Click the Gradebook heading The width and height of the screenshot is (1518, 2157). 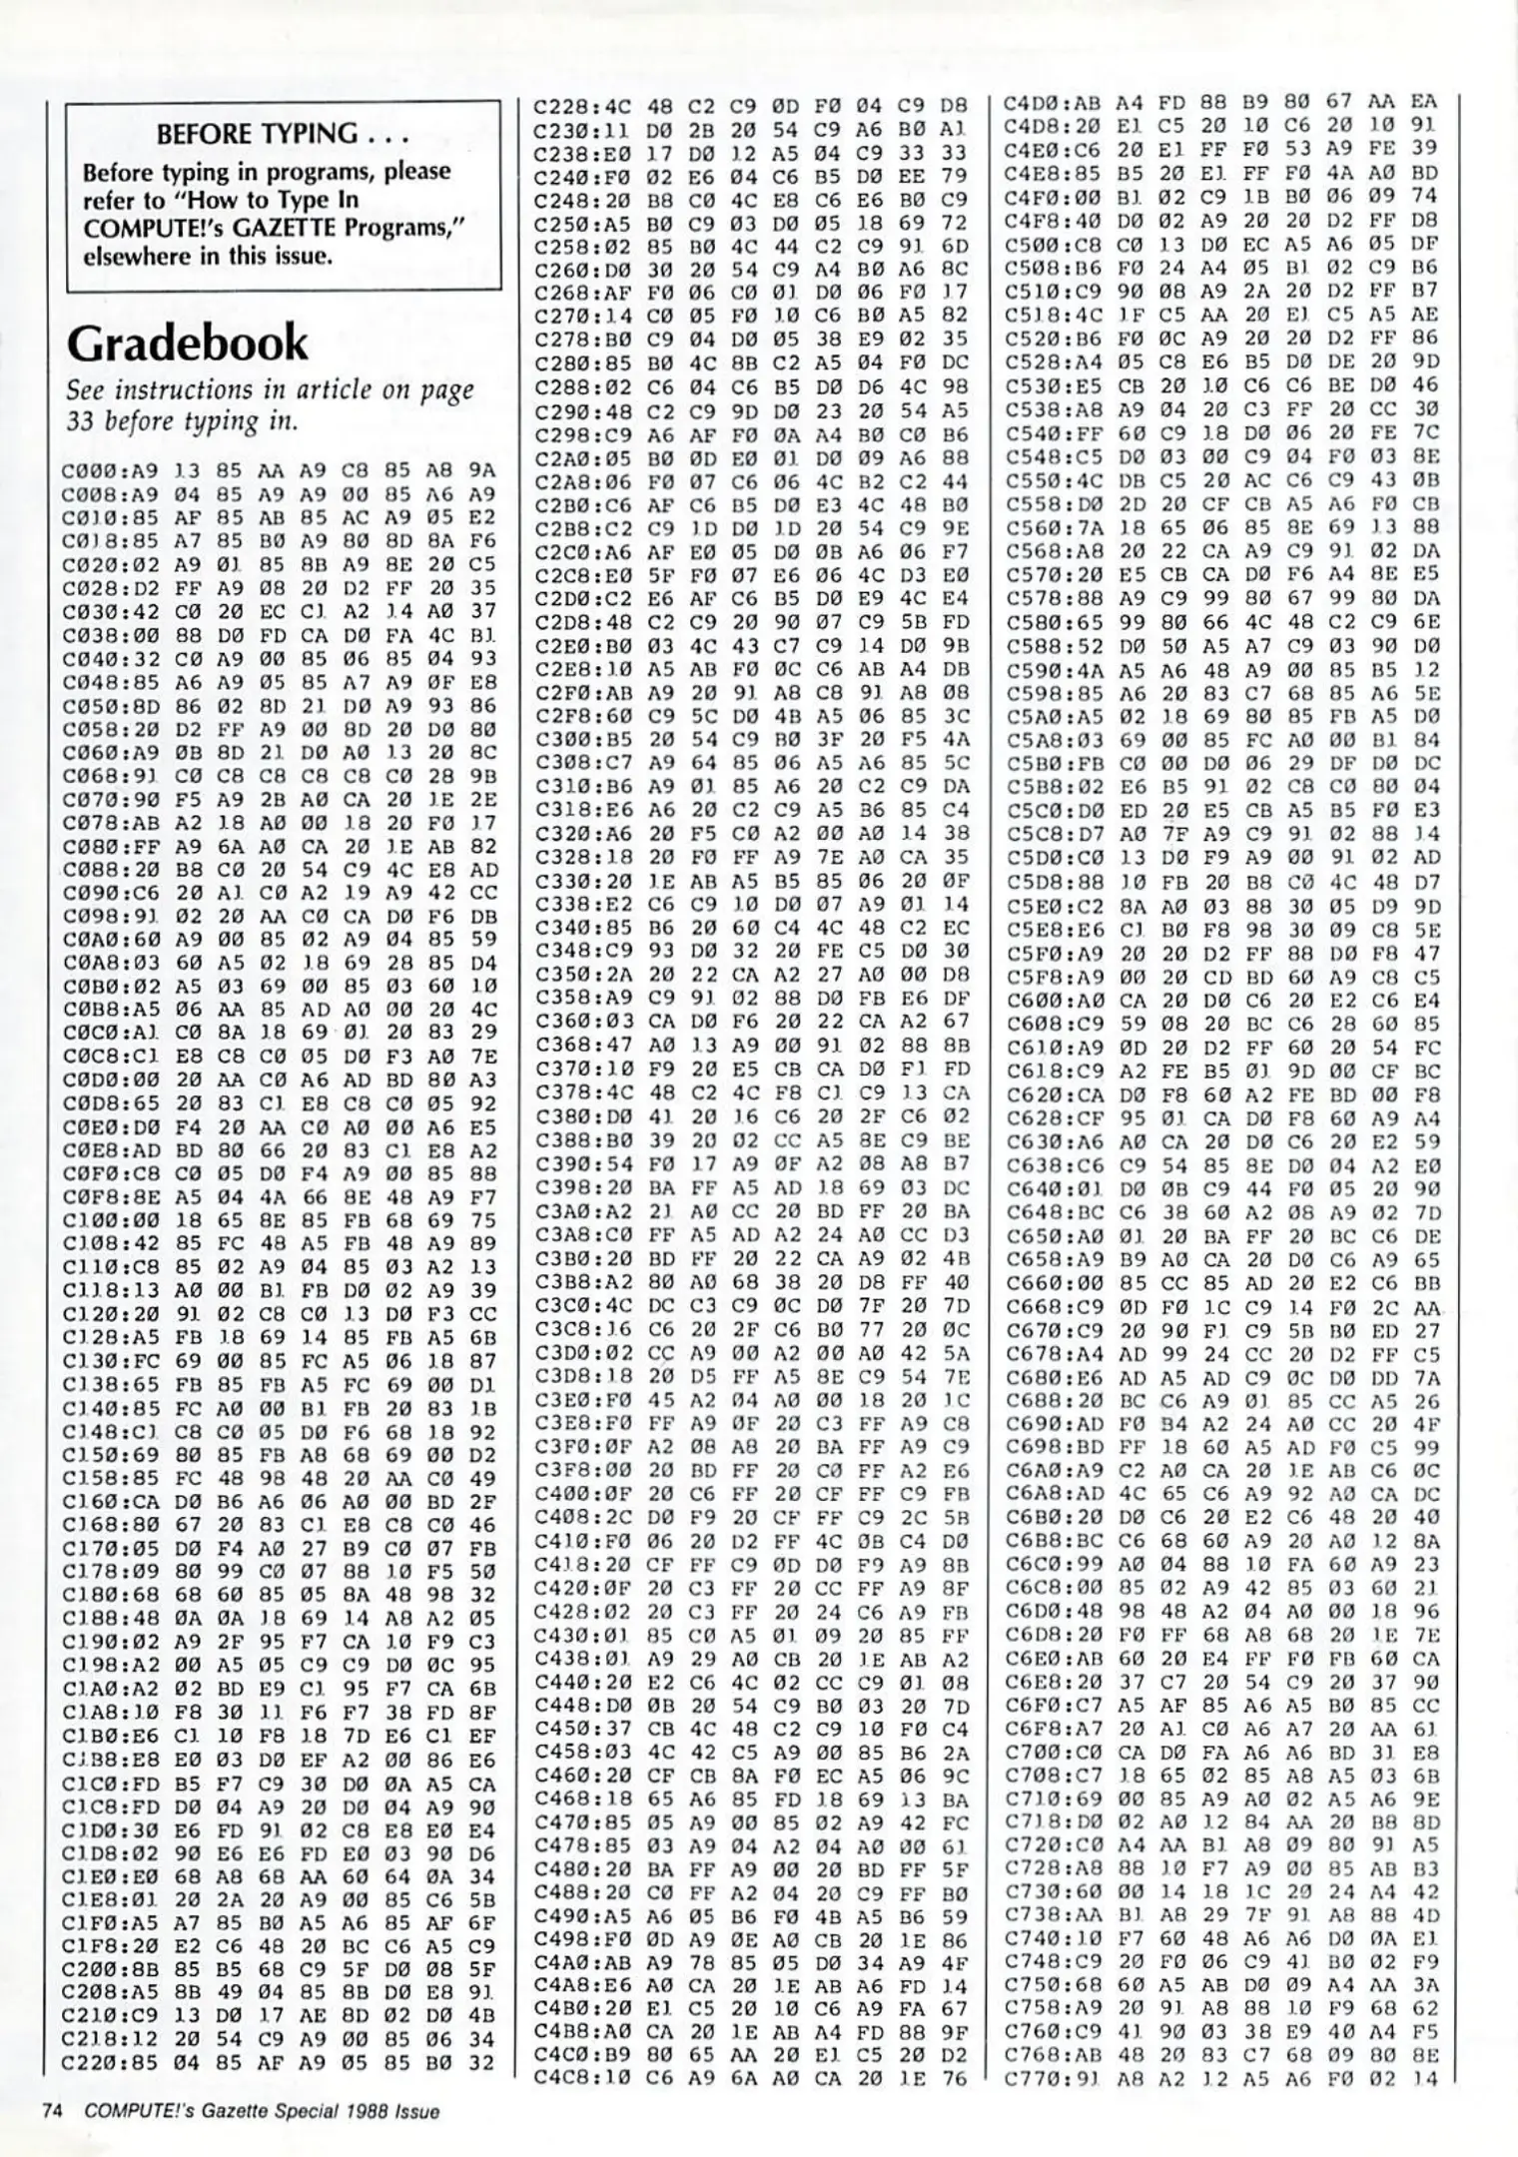[x=188, y=345]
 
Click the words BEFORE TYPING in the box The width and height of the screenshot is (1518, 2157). [x=258, y=134]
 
